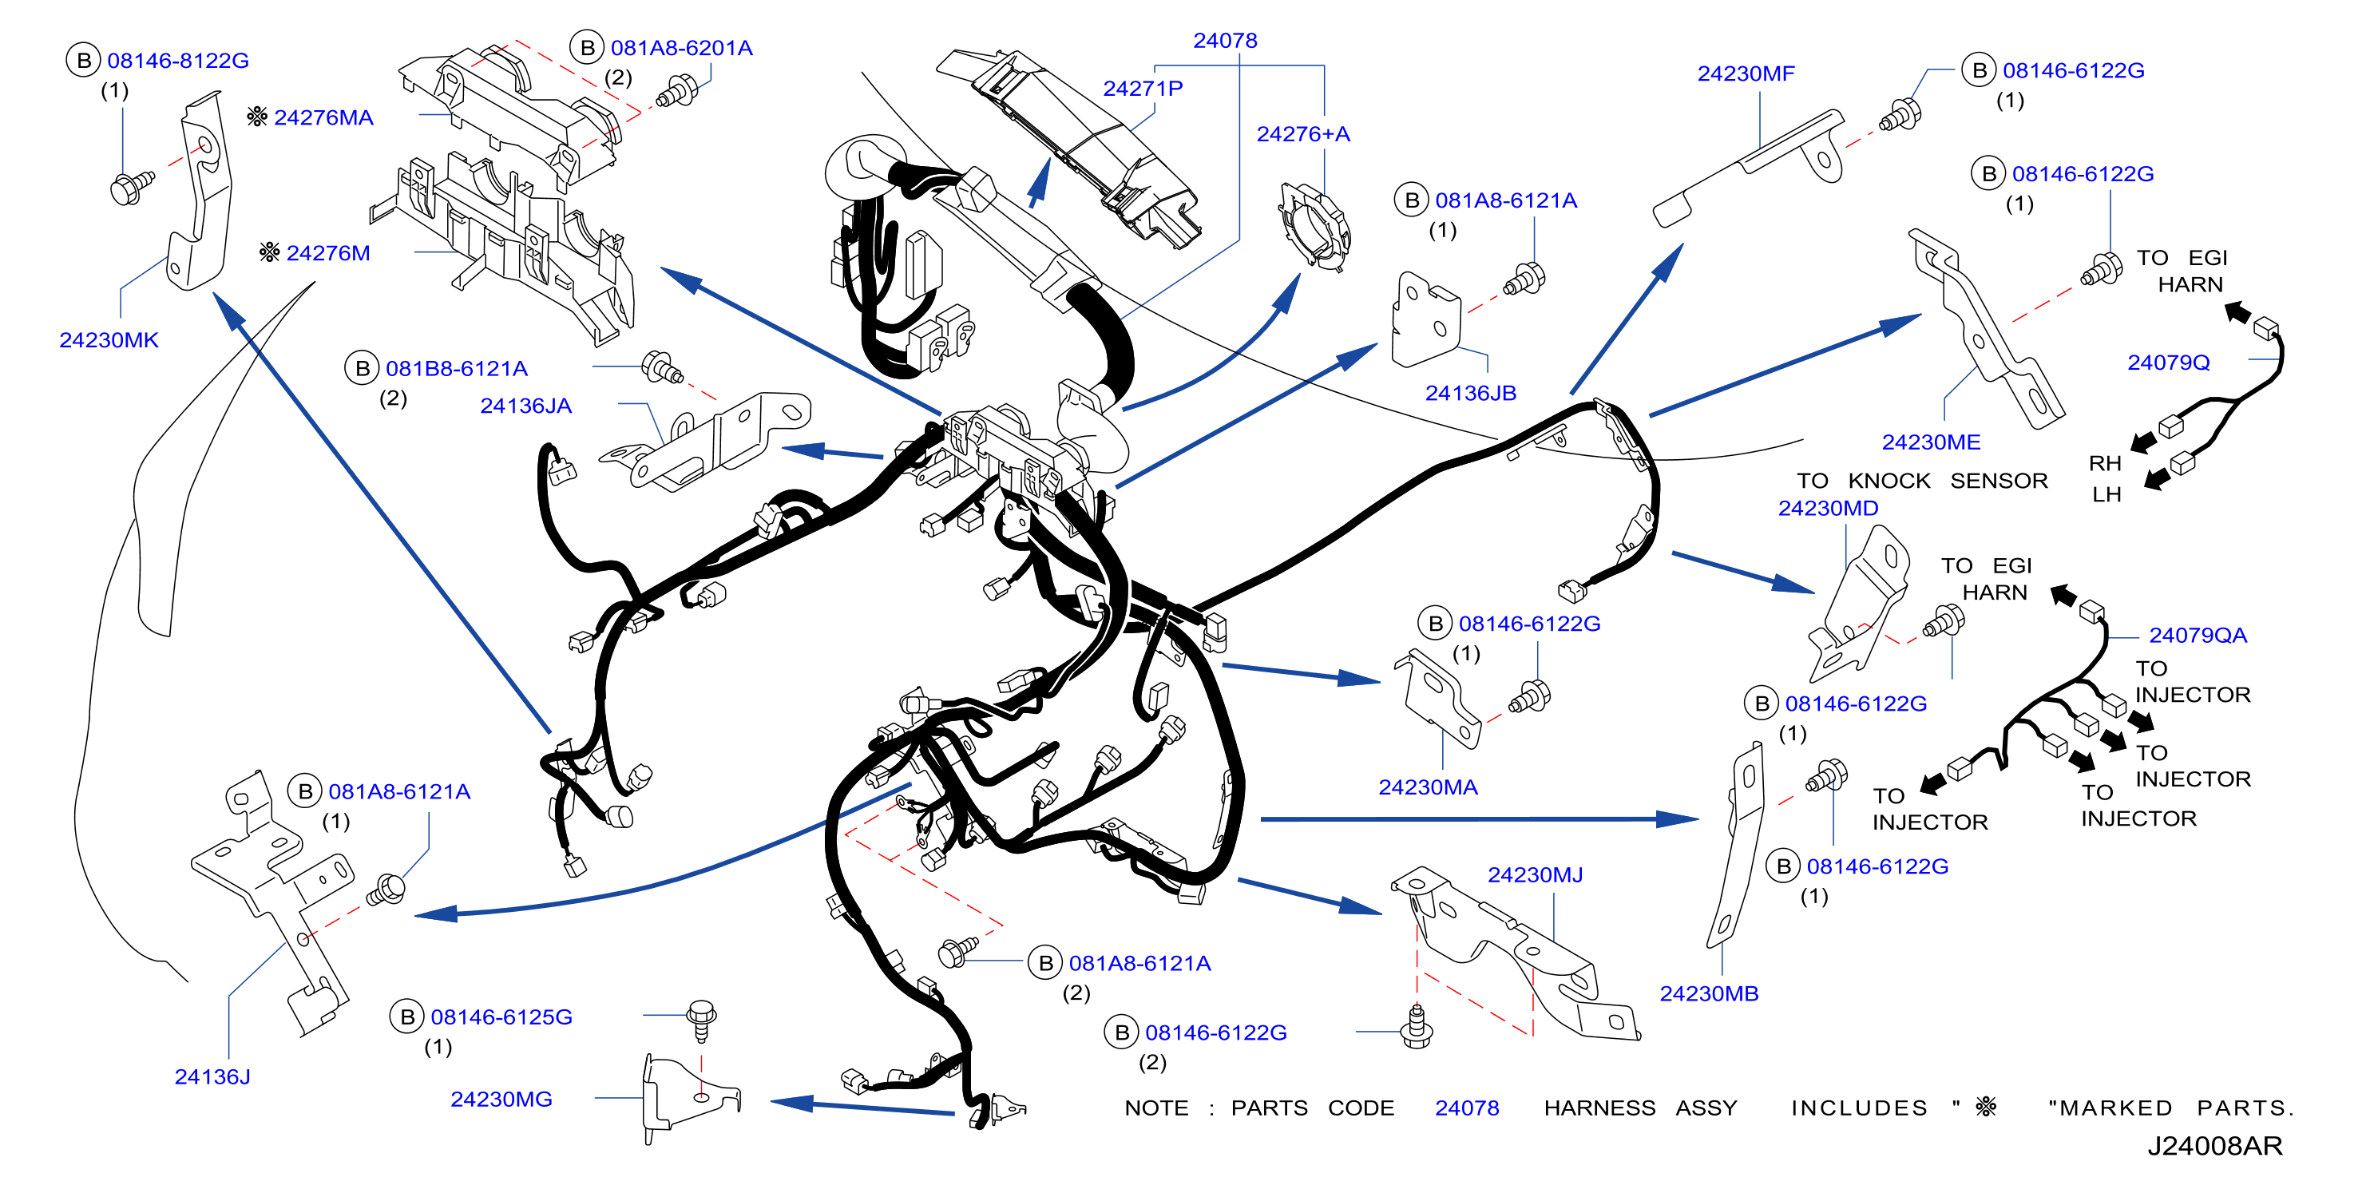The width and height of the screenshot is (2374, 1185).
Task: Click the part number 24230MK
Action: [109, 340]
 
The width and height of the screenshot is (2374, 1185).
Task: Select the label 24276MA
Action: [323, 118]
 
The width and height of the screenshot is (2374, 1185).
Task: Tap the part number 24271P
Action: [1143, 89]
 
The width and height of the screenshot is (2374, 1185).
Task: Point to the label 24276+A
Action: [1303, 134]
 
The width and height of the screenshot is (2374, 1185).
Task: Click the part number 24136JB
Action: [1471, 394]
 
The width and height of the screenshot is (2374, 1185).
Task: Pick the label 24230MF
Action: [1746, 73]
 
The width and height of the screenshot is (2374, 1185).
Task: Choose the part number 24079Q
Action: [2169, 363]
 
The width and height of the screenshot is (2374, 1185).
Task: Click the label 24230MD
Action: [1829, 509]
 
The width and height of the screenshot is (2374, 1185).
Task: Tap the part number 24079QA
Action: [2198, 636]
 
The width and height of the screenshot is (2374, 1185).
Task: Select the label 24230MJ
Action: [1536, 875]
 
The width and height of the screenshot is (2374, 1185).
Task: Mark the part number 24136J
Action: [212, 1077]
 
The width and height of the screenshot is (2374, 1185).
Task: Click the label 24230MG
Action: [501, 1100]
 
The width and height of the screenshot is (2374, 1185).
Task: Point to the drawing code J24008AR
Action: [2214, 1147]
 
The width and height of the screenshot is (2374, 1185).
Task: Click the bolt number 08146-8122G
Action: [178, 61]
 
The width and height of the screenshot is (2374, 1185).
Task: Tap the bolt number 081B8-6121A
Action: [456, 369]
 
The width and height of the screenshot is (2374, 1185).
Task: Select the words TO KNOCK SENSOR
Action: [1921, 481]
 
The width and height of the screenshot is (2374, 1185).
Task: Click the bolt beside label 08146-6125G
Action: [702, 1019]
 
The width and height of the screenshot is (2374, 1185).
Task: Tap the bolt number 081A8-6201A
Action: [681, 48]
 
